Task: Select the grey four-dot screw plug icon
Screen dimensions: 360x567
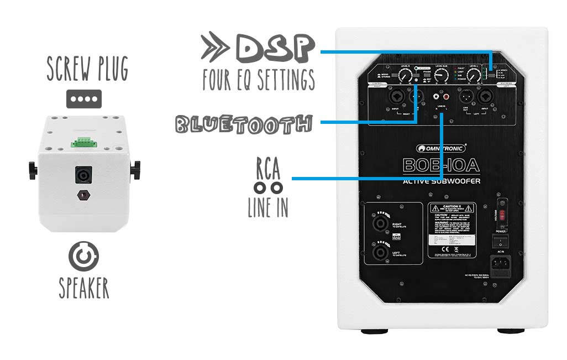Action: click(x=84, y=100)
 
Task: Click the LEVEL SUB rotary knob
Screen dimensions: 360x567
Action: click(x=441, y=75)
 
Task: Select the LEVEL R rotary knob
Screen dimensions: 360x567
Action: click(x=405, y=76)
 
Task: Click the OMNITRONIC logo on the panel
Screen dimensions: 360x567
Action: click(x=441, y=148)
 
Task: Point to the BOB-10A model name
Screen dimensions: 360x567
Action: click(x=440, y=165)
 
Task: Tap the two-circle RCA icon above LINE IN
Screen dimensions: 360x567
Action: click(x=267, y=187)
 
